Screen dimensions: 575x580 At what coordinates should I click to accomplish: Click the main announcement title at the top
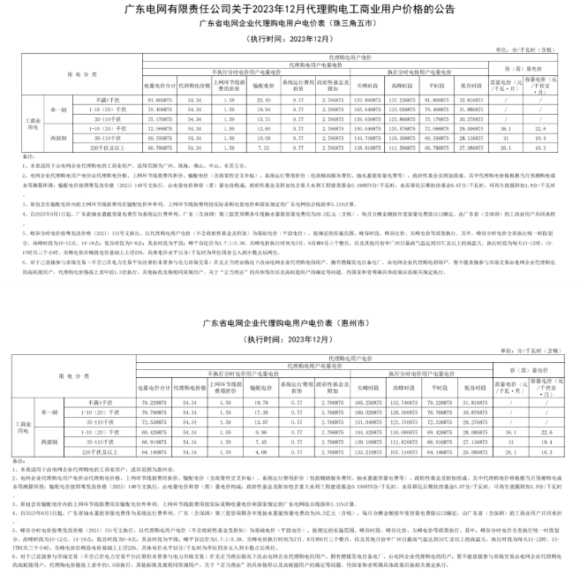(x=290, y=10)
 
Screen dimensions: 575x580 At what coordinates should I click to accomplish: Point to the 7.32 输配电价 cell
(x=261, y=148)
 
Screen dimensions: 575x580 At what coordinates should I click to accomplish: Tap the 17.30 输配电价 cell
(x=261, y=411)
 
